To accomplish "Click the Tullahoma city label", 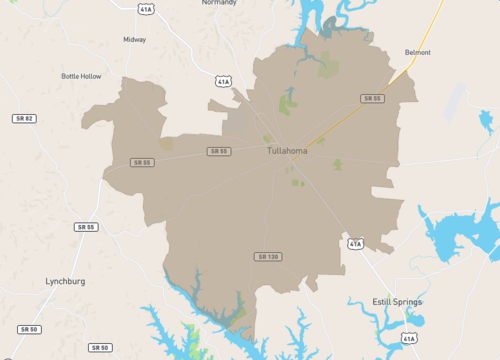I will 287,151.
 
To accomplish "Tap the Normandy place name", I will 219,3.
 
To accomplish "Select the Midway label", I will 134,40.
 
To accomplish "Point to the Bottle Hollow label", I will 81,76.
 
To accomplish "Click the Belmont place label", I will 418,52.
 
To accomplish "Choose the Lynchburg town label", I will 65,282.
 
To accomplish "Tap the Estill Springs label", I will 397,301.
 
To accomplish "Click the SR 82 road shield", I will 23,118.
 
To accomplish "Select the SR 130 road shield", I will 267,257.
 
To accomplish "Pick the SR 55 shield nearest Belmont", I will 373,98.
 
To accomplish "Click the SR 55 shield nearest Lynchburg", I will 86,227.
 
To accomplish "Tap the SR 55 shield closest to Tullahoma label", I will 219,151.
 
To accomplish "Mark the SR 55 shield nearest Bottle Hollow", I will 142,162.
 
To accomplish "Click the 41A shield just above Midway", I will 146,9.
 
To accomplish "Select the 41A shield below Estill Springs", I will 408,339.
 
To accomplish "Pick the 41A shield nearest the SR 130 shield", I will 355,243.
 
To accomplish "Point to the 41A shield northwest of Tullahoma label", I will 223,80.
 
